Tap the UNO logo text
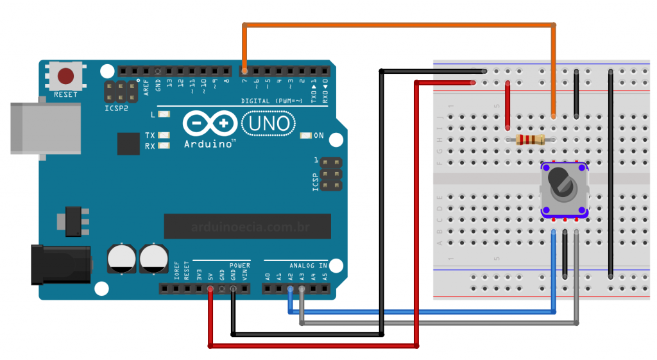269,123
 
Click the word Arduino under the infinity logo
209,144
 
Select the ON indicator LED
305,135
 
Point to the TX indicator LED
164,135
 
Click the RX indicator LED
164,146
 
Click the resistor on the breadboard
530,140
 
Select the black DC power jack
61,264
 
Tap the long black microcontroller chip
247,226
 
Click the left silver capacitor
122,258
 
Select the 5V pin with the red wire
210,289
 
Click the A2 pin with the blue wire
291,289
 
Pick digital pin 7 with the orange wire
244,70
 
